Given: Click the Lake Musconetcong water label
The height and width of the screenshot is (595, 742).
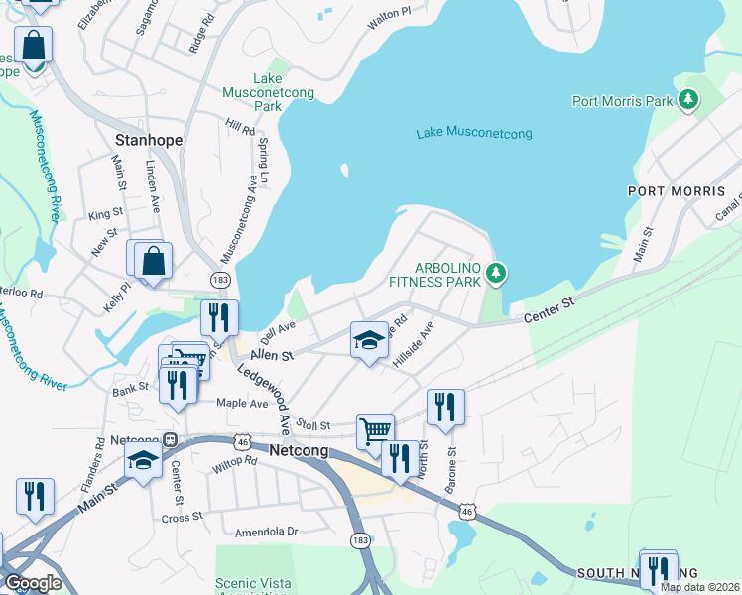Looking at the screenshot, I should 474,133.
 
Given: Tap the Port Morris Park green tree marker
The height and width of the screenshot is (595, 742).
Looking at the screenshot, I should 686,100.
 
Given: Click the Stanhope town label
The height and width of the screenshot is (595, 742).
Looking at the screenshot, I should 149,140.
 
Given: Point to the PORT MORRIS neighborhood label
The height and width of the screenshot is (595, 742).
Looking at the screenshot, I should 683,191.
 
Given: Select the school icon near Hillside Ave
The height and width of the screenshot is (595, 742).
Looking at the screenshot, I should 369,340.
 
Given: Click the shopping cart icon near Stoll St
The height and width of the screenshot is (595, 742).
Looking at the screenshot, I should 375,430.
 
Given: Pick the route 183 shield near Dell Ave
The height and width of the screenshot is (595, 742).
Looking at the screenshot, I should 220,280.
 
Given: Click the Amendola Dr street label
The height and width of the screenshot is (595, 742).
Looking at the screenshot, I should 266,532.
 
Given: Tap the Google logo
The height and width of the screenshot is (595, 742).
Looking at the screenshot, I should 32,582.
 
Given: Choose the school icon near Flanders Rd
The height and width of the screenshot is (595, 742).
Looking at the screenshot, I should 143,459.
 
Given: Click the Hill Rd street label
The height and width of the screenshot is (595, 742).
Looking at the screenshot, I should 240,128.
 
